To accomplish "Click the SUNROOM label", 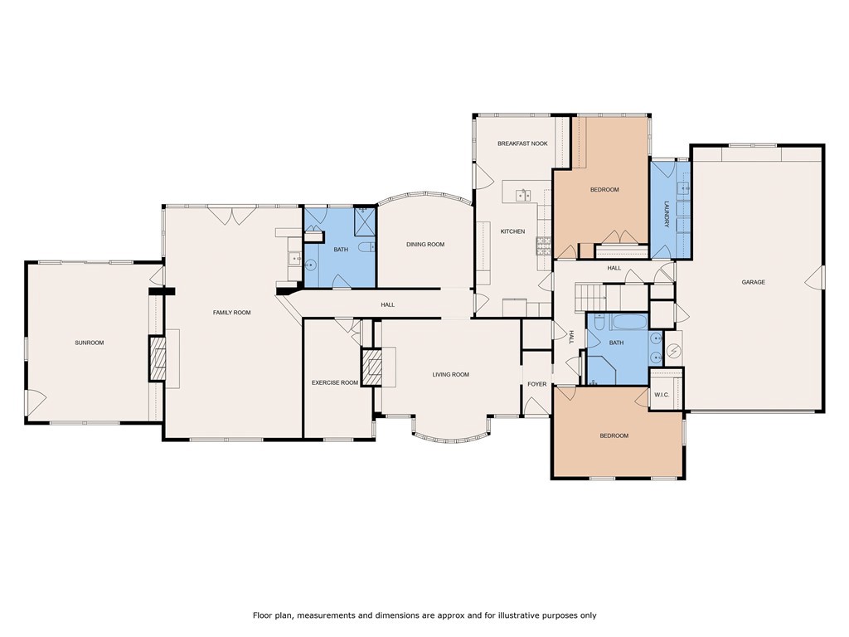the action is (90, 343).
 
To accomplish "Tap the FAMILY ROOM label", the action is (232, 313).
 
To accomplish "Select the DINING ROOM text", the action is (425, 245).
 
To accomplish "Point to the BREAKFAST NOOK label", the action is (522, 143).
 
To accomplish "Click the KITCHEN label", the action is (512, 231).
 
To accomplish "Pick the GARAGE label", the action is (753, 282).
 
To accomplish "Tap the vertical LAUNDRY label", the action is (667, 215).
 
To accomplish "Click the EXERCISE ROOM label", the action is (335, 383).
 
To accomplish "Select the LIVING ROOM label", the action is (450, 374).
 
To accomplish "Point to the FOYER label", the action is (537, 384).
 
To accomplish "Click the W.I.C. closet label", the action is (662, 395).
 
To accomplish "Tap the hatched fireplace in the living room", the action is (372, 367).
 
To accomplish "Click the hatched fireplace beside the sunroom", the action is (157, 358).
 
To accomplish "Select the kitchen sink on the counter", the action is (523, 194).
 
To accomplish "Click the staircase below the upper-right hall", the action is (590, 296).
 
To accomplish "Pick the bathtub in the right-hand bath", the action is (628, 323).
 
